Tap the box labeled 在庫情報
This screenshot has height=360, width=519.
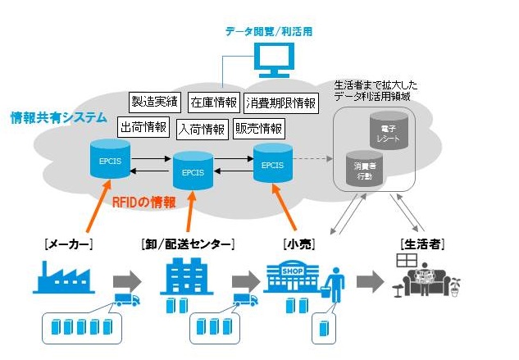coord(213,103)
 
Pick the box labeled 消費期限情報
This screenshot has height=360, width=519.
coord(280,103)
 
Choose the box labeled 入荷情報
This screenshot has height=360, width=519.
coord(201,129)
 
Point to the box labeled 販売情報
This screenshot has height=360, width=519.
coord(259,129)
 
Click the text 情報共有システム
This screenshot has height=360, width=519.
coord(58,118)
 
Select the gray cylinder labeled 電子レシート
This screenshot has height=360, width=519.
coord(389,133)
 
